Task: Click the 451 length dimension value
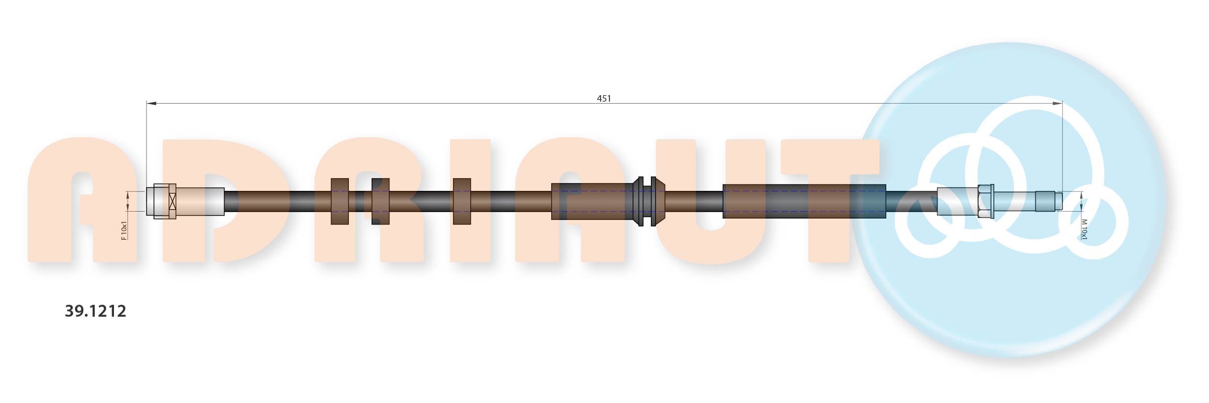pyautogui.click(x=604, y=98)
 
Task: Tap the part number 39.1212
pyautogui.click(x=96, y=311)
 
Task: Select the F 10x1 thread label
pyautogui.click(x=124, y=231)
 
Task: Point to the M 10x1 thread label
pyautogui.click(x=1084, y=229)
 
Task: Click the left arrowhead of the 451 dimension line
pyautogui.click(x=151, y=103)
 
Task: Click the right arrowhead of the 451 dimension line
pyautogui.click(x=1057, y=103)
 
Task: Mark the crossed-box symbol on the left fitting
pyautogui.click(x=172, y=201)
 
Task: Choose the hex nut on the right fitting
pyautogui.click(x=985, y=201)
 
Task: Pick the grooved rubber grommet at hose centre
pyautogui.click(x=647, y=201)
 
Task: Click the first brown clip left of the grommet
pyautogui.click(x=462, y=201)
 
